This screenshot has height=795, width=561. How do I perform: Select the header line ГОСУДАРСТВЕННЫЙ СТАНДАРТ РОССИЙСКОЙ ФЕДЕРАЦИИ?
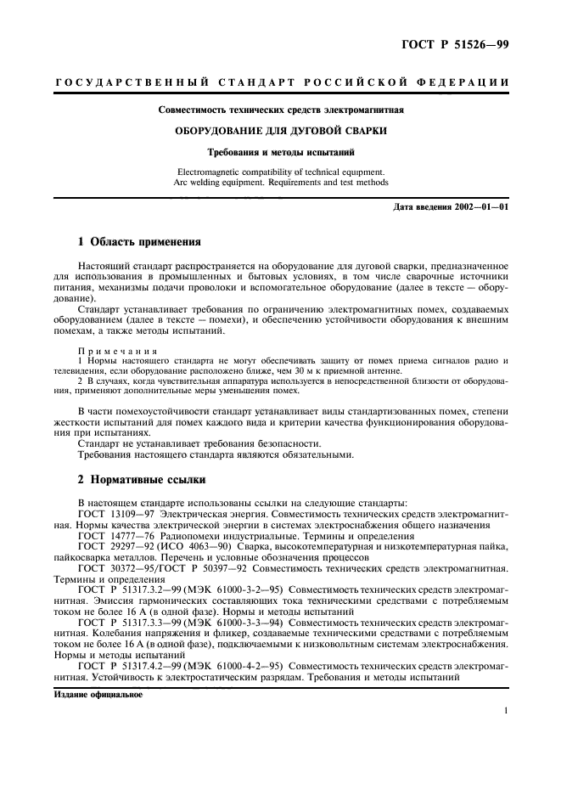[281, 82]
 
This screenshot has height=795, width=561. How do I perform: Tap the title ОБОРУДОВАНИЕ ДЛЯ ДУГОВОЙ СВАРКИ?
[281, 131]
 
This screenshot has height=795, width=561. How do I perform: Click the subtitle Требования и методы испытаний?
[281, 153]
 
